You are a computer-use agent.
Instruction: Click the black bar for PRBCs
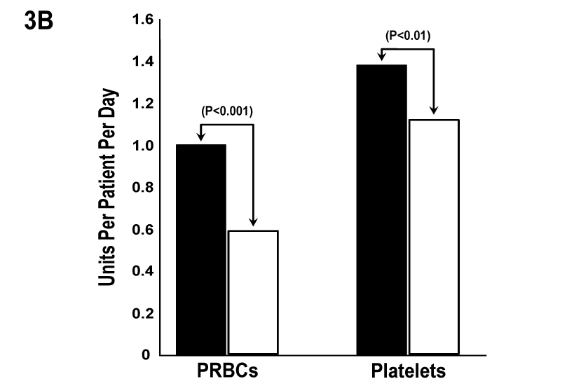coord(201,249)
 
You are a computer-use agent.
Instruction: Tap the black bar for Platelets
coord(381,209)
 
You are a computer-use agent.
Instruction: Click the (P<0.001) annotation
coord(226,111)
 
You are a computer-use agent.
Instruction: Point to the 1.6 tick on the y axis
coord(142,20)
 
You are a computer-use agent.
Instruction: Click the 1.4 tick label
coord(142,62)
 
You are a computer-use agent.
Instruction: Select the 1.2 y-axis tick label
coord(142,104)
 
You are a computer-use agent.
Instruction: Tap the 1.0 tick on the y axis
coord(142,146)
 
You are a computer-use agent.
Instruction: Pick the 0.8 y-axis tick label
coord(142,188)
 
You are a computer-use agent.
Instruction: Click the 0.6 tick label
coord(142,230)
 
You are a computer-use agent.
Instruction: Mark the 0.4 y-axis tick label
coord(142,272)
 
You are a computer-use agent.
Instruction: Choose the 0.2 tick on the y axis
coord(142,313)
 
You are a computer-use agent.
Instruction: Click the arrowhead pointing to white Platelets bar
coord(434,110)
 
